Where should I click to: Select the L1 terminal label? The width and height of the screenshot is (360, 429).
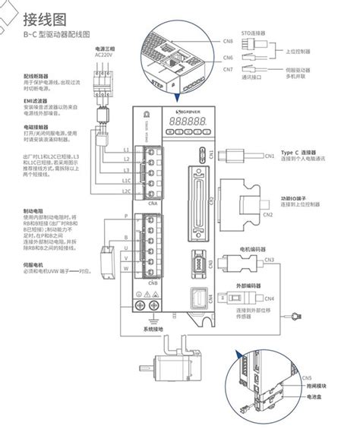[x=126, y=150]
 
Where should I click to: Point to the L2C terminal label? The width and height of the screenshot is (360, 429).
[x=126, y=192]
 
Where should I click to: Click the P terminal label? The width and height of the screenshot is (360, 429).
[x=126, y=217]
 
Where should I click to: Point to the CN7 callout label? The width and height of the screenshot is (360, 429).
[x=229, y=70]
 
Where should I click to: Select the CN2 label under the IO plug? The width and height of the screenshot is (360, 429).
[x=267, y=215]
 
